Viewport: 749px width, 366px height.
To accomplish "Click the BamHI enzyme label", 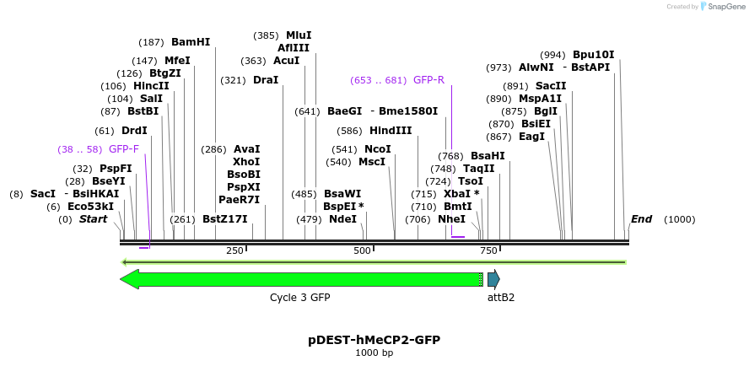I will click(190, 42).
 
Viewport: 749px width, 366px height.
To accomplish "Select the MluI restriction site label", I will click(299, 35).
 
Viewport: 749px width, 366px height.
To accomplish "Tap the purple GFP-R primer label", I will click(428, 80).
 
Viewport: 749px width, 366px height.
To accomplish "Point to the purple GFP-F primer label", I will click(123, 149).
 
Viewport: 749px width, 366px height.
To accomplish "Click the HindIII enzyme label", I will click(391, 131).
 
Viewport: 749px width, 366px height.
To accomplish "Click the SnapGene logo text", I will click(725, 7).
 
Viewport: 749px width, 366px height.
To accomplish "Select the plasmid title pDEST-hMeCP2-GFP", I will click(374, 339).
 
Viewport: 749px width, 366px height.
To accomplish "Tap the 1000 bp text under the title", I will click(374, 353).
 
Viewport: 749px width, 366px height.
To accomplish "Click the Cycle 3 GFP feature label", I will click(299, 298).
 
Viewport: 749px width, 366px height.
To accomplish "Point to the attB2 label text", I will click(501, 298).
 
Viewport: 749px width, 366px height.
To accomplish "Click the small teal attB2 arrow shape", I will click(493, 279).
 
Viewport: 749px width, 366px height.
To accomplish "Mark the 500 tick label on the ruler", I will click(362, 250).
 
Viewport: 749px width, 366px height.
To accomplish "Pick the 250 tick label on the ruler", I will click(234, 250).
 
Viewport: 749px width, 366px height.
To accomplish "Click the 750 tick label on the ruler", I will click(488, 250).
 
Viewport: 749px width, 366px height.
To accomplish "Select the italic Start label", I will click(93, 219).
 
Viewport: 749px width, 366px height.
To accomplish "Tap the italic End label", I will click(641, 219).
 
